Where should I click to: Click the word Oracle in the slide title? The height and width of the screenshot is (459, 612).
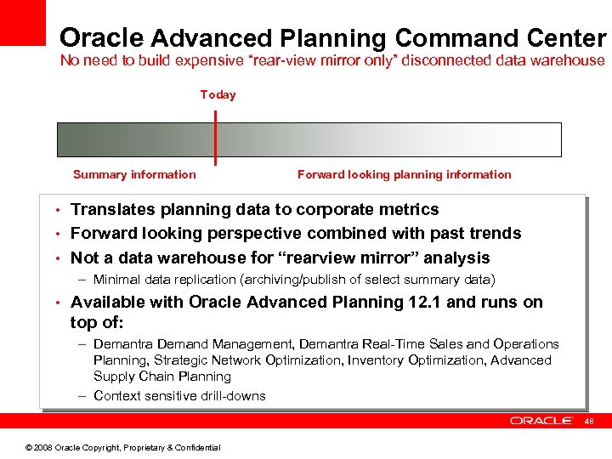point(102,38)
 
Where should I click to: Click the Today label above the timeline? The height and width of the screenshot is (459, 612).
point(218,94)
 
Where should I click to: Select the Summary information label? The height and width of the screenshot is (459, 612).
point(134,174)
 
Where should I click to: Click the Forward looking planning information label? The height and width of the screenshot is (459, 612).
point(404,174)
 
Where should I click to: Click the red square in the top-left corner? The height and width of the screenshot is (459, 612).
point(22,22)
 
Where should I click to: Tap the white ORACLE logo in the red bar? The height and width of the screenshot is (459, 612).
point(541,421)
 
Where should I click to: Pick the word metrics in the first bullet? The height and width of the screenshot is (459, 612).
point(408,209)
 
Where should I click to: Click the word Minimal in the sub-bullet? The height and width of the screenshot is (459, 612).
point(116,280)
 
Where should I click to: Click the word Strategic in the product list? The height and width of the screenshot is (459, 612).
point(176,360)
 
